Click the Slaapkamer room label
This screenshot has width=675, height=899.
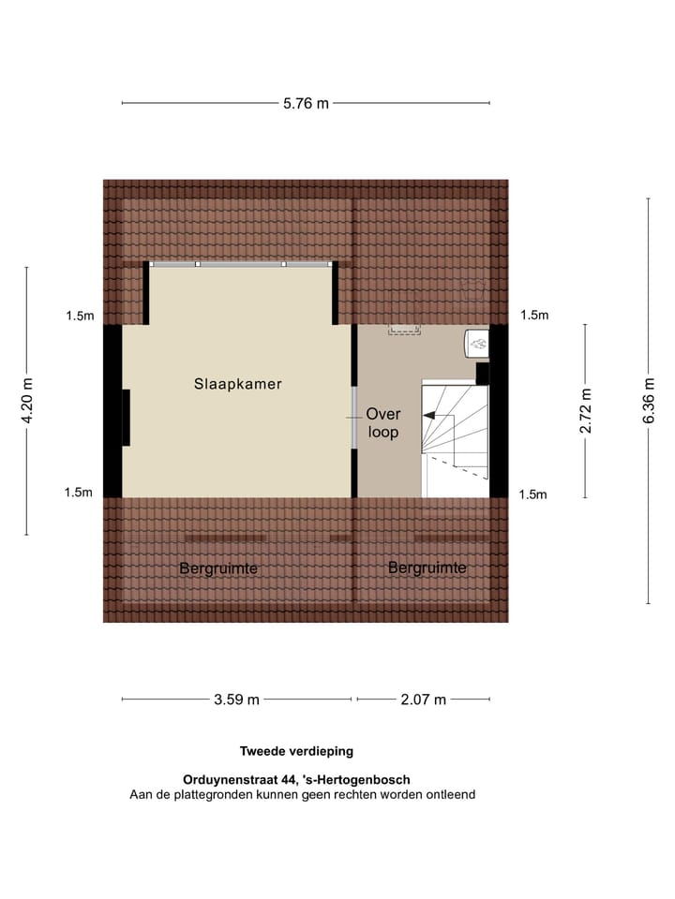(238, 384)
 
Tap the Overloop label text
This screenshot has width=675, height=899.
(382, 422)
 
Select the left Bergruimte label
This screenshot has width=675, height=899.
(218, 568)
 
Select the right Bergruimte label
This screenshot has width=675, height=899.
(427, 567)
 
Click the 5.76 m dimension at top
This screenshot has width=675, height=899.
(306, 104)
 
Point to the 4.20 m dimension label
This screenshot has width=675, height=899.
(28, 401)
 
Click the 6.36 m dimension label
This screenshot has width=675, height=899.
(648, 401)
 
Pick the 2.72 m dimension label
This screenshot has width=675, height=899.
(586, 411)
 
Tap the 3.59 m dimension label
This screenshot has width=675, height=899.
(236, 699)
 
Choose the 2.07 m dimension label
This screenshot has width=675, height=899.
(423, 699)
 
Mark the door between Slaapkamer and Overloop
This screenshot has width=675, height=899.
(354, 418)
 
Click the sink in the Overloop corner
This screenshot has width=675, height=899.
(476, 343)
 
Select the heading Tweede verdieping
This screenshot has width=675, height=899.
(296, 751)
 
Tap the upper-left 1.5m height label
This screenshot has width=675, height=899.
(80, 317)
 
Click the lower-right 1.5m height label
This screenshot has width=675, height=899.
(532, 494)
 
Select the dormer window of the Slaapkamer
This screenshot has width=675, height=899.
(241, 265)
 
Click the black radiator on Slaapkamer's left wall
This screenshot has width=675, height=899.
(126, 417)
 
